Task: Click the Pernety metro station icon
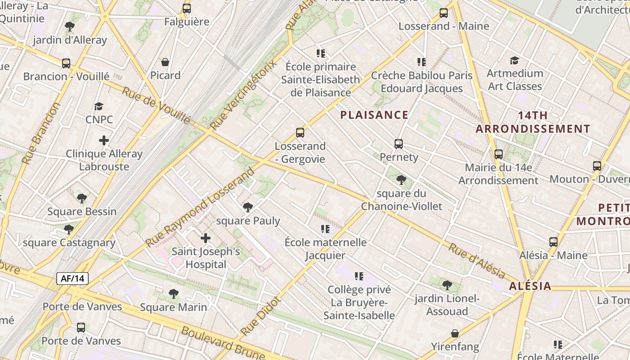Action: [x=399, y=144]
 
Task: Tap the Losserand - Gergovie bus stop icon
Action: [x=300, y=133]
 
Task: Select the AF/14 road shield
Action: [x=72, y=279]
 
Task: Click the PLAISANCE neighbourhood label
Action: [x=374, y=115]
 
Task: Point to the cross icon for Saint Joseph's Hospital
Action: [x=206, y=238]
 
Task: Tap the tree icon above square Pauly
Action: [x=247, y=207]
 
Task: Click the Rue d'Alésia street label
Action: [x=477, y=261]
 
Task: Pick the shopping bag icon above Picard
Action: [x=165, y=62]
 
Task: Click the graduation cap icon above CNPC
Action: [x=99, y=107]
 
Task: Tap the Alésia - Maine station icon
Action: [x=553, y=242]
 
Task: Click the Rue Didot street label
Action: [x=261, y=316]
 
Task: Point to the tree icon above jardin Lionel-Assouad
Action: [x=447, y=285]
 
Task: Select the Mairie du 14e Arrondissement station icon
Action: [x=499, y=154]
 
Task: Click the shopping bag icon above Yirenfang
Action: [x=455, y=333]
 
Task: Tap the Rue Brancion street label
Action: [x=41, y=134]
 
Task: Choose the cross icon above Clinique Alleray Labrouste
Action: [x=104, y=140]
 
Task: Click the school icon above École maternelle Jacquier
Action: [x=325, y=229]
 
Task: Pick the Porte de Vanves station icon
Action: [x=81, y=328]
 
